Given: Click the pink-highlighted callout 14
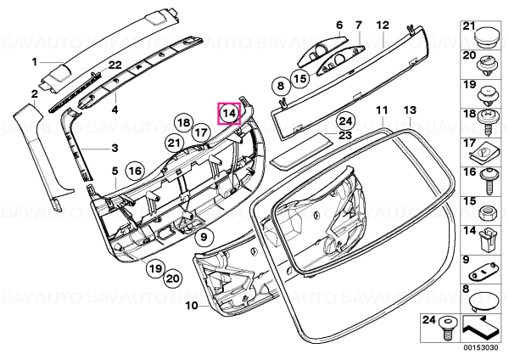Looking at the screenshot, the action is [229, 114].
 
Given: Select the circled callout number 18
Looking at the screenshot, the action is [184, 123].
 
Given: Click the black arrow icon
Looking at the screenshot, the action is [478, 329].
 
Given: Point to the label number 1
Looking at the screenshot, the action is [35, 61].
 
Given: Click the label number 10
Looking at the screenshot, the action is [193, 306].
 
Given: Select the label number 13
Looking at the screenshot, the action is [410, 110].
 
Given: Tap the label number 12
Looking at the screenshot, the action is [383, 25].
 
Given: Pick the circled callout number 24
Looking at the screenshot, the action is [345, 121].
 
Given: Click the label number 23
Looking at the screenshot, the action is [345, 135].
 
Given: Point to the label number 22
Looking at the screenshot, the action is [115, 65].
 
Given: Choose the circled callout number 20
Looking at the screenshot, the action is [173, 278].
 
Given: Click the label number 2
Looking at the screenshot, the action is [35, 94].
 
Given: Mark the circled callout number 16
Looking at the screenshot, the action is [135, 171].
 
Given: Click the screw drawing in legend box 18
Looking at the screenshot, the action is [487, 122].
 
